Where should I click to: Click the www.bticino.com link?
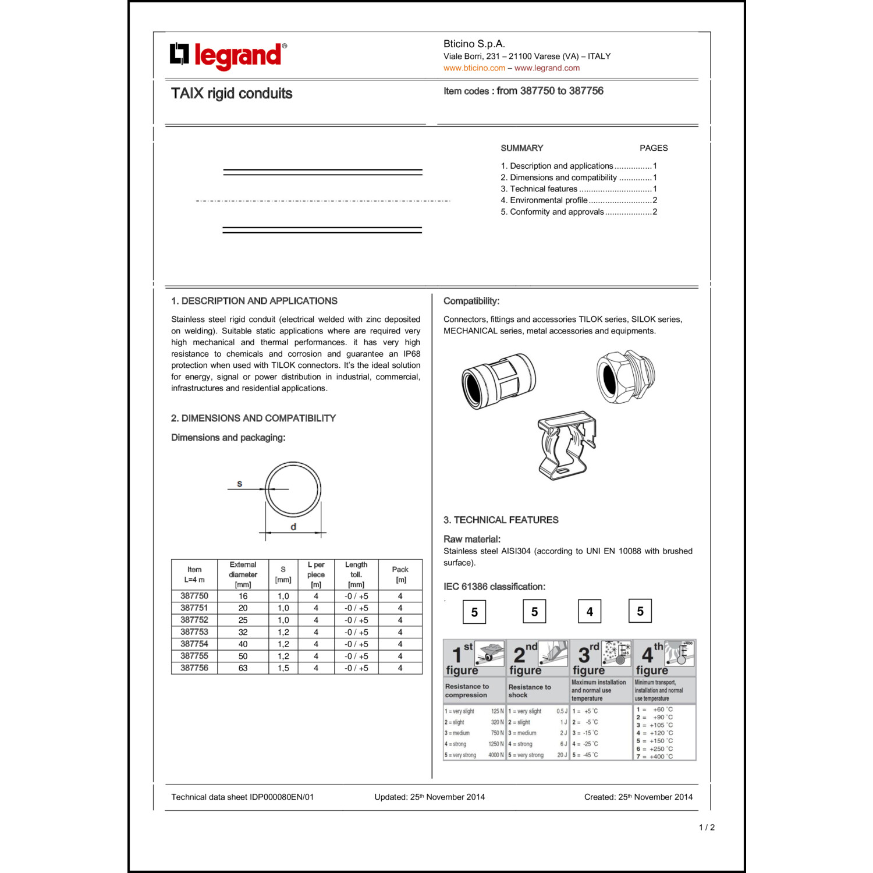[x=474, y=68]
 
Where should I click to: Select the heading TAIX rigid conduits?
[x=231, y=94]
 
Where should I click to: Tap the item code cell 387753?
[x=194, y=632]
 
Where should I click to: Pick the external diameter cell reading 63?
[x=243, y=668]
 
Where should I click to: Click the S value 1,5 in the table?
[x=283, y=668]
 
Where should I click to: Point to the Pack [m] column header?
[x=400, y=574]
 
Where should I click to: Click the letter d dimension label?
[x=293, y=527]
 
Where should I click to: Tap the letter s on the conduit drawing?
[x=239, y=484]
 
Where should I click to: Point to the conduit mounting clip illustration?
[x=566, y=445]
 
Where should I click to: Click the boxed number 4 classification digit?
[x=590, y=612]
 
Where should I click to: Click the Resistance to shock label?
[x=529, y=691]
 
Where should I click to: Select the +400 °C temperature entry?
[x=656, y=757]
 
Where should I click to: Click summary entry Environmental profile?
[x=548, y=200]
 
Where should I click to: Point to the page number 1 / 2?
[x=706, y=827]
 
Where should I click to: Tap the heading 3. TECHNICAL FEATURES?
[x=501, y=520]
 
